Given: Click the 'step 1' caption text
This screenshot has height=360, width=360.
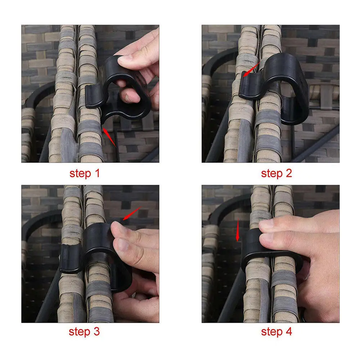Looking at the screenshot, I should pos(84,174).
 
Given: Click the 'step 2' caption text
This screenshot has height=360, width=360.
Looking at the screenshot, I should pos(276,174).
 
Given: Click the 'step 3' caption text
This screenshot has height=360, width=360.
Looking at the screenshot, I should pos(84,332).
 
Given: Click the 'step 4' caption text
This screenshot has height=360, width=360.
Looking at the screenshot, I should pos(276,332).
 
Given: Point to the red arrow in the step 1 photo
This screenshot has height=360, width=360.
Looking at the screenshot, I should pos(109,137).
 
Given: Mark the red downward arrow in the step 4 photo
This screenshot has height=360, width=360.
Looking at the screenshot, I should pos(237,230).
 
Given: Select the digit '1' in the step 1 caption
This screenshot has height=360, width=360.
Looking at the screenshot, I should pos(96,174).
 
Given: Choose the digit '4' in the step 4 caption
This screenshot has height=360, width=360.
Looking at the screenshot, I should pos(288,332).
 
